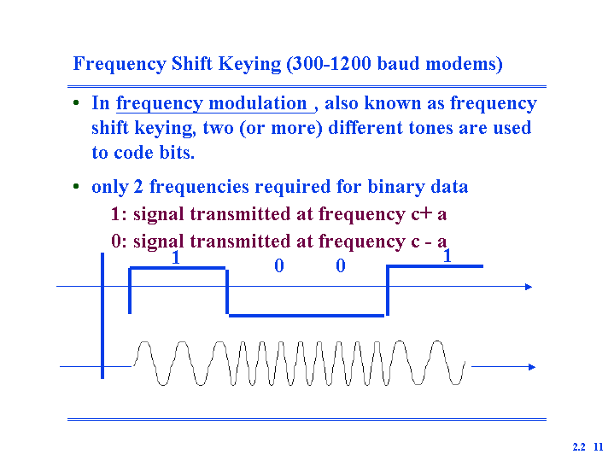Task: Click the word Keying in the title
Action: click(249, 64)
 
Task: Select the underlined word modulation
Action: click(258, 103)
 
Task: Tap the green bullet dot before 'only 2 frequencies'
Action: click(76, 186)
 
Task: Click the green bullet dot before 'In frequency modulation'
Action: click(76, 103)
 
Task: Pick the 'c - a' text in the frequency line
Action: click(429, 242)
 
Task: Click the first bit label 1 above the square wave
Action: click(176, 258)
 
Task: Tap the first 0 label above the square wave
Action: click(278, 265)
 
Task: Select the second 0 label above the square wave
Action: click(341, 265)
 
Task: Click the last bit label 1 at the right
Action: click(447, 256)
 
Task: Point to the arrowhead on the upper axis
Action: click(529, 287)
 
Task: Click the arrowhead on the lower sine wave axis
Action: click(532, 367)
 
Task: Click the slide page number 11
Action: click(599, 446)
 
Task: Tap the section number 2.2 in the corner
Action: click(579, 446)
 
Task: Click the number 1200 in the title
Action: click(350, 63)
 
